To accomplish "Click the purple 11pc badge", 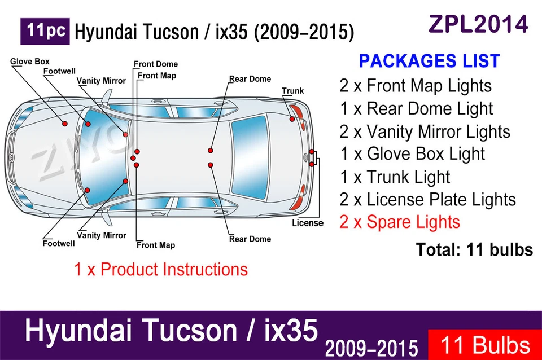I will [x=45, y=32].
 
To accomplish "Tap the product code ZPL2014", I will [x=478, y=24].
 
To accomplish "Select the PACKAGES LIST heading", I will [x=429, y=61].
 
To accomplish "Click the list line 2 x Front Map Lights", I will [x=416, y=86].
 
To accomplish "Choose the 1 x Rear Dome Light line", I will [x=416, y=108].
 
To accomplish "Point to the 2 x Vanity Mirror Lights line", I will [x=425, y=131].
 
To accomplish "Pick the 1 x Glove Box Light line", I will [x=412, y=154].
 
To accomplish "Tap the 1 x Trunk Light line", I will [x=395, y=177].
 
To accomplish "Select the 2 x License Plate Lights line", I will [x=427, y=200].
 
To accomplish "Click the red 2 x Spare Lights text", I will [x=400, y=222].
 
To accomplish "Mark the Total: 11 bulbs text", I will [x=474, y=249].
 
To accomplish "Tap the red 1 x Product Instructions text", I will [x=161, y=269].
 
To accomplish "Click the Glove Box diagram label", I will [x=30, y=62].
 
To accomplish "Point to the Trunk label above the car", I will [x=292, y=91].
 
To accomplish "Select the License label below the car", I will [x=308, y=223].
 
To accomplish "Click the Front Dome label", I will [x=156, y=64].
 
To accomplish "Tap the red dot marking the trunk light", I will [x=292, y=118].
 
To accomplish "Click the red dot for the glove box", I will [x=65, y=124].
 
